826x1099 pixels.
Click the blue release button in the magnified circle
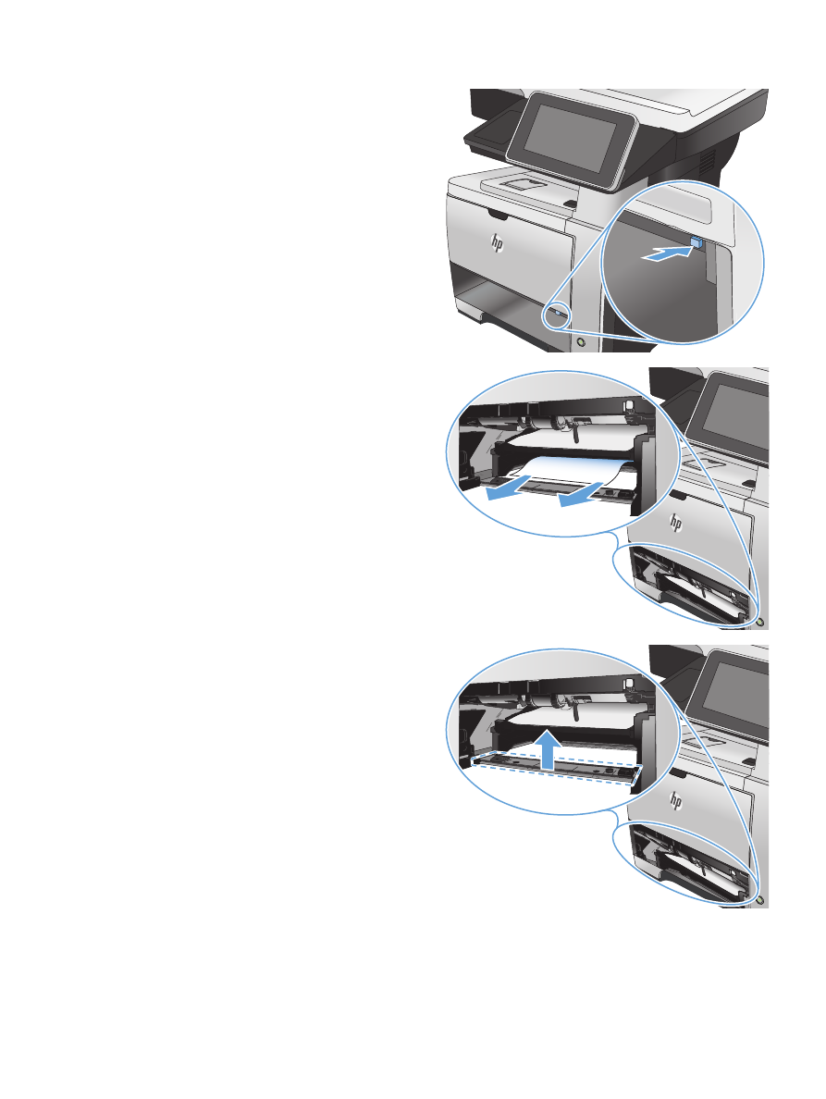(x=697, y=241)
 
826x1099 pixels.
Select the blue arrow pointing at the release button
(x=665, y=253)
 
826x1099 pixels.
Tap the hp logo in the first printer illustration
(x=497, y=243)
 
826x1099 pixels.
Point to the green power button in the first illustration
(x=581, y=341)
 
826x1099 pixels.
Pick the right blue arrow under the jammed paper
(x=582, y=493)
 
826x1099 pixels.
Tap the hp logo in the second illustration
(x=675, y=522)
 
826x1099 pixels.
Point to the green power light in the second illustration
(x=761, y=621)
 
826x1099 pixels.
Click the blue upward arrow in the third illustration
(x=549, y=748)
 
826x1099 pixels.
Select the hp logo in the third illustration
(x=675, y=799)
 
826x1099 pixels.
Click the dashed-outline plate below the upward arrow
(x=557, y=769)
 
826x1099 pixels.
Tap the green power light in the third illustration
(x=761, y=898)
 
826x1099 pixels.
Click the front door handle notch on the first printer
(x=497, y=213)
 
